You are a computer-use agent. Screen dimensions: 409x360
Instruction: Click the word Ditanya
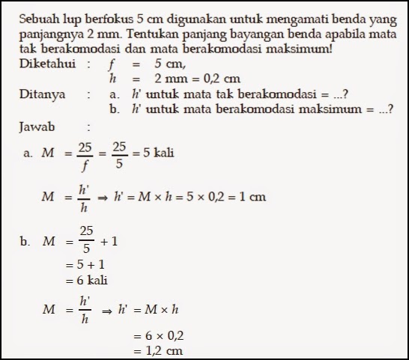[x=43, y=94]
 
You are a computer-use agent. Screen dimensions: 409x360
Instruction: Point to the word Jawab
[x=39, y=126]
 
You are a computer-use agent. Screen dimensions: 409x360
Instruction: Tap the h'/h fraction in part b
[x=84, y=308]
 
